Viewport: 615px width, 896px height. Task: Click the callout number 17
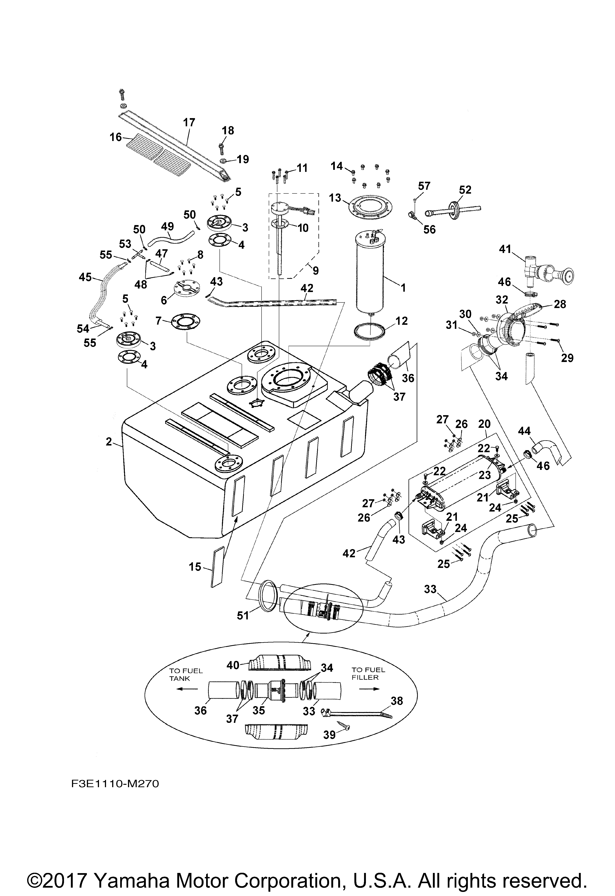coord(189,123)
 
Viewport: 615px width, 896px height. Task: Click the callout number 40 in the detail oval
coord(233,666)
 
